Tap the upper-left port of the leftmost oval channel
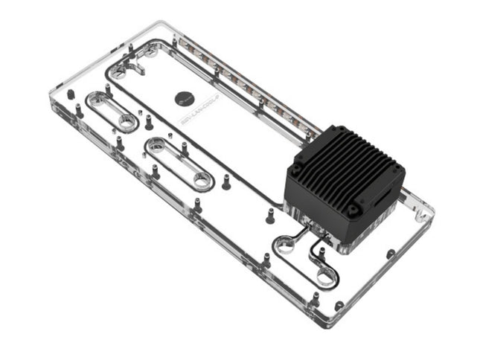coord(96,98)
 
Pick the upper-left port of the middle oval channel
coord(156,147)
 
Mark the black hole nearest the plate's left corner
coord(69,95)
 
